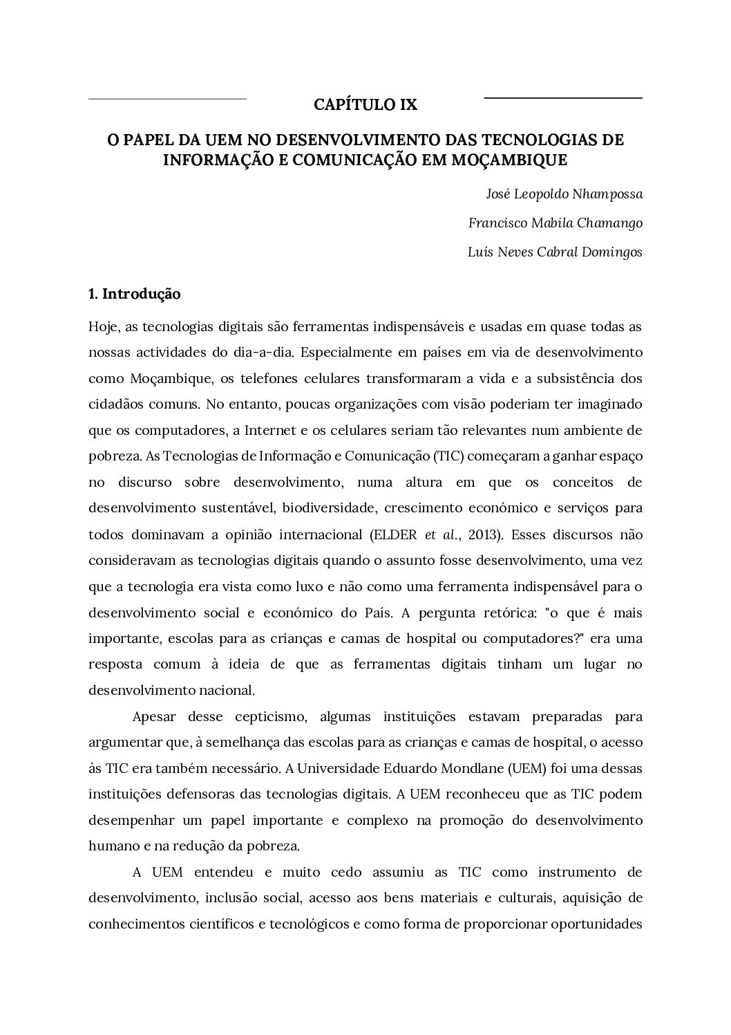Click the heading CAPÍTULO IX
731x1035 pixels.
click(365, 105)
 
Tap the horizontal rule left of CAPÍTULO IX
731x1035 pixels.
click(167, 99)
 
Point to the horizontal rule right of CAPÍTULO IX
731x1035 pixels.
click(563, 98)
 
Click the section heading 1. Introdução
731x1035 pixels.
click(135, 294)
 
